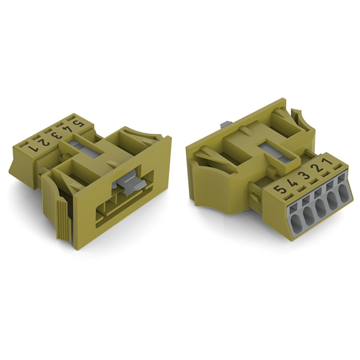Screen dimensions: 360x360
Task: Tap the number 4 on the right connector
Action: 293,181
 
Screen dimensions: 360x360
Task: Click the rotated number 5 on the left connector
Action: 77,123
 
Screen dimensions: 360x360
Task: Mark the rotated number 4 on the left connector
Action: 66,130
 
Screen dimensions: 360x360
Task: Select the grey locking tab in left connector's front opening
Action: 129,185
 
